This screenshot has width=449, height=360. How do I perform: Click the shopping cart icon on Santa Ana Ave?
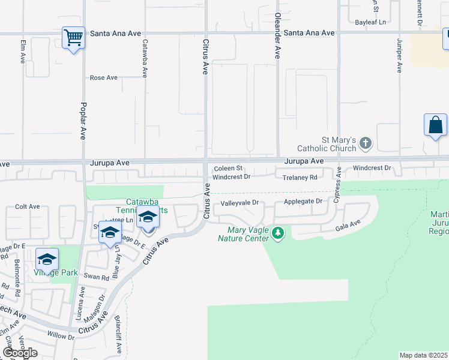pos(73,38)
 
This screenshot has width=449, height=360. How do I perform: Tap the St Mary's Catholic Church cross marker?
pos(366,143)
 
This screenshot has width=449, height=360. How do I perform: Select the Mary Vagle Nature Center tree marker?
pos(277,232)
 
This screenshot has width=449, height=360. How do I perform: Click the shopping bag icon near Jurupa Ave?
pos(435,125)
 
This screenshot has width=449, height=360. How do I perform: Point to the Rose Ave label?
pos(104,78)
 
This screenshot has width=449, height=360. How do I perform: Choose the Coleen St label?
pos(228,169)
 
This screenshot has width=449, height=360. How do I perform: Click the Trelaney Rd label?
pos(300,178)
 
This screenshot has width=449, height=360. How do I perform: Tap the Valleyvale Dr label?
pos(239,203)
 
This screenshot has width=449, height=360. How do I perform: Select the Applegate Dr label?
pos(303,202)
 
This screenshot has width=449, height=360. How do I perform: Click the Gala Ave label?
pos(348,224)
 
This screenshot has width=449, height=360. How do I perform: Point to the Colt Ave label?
pos(27,206)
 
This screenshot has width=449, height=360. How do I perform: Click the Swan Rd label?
pos(96,277)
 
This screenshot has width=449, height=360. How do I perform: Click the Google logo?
pos(20,353)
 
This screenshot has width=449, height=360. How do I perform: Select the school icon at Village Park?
pos(47,259)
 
